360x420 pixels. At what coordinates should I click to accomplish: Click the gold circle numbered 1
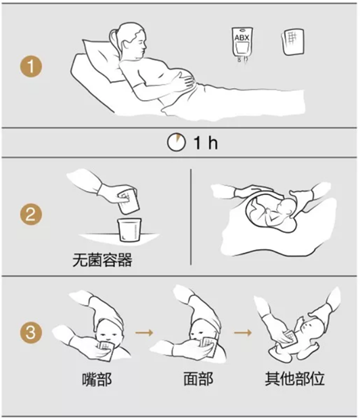(30, 66)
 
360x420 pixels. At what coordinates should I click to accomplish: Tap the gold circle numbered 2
(30, 214)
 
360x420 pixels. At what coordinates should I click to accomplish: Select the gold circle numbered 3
(30, 333)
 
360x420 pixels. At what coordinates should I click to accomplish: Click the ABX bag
(242, 44)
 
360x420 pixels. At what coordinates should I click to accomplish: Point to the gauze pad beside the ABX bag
(292, 42)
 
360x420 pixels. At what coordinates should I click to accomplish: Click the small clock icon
(177, 142)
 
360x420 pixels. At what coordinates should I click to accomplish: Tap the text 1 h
(206, 142)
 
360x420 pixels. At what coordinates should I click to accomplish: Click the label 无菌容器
(102, 259)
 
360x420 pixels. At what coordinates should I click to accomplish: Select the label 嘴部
(97, 379)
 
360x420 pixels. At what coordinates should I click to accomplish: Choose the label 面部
(198, 379)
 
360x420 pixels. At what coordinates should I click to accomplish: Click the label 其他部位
(294, 379)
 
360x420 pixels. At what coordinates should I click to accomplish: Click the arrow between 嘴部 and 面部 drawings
(144, 333)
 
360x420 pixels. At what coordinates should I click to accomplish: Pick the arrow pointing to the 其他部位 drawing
(243, 333)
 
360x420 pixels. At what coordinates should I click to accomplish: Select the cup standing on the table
(129, 230)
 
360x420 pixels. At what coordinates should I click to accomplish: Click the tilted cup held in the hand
(127, 201)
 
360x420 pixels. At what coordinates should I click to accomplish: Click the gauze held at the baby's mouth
(106, 349)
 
